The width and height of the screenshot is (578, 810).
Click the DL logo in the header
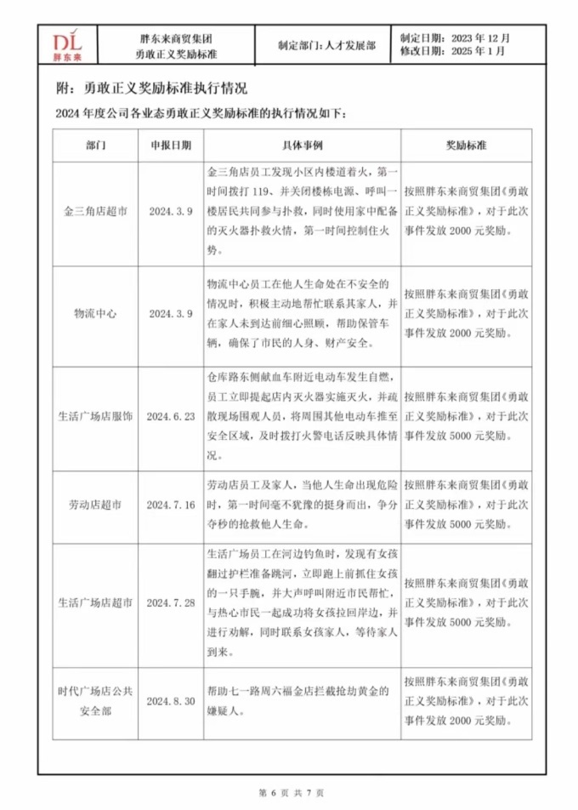click(66, 46)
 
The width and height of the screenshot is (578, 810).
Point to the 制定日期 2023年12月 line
click(455, 38)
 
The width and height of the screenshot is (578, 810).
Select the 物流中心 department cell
click(96, 314)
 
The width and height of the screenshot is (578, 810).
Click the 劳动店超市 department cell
click(96, 505)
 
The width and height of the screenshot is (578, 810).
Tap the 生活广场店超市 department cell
click(96, 602)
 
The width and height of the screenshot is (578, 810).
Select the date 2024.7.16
click(171, 505)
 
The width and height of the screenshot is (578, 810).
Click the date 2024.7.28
click(171, 602)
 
